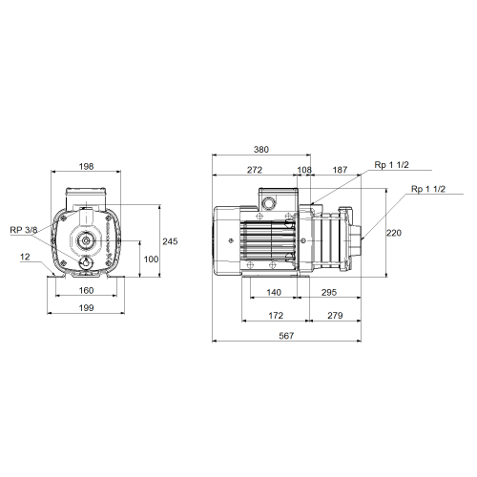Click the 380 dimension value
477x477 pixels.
click(261, 150)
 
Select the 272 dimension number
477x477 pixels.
click(255, 170)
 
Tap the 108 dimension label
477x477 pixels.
click(304, 170)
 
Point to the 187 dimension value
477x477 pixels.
click(340, 170)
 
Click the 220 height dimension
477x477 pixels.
click(394, 233)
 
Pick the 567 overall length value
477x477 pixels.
click(286, 336)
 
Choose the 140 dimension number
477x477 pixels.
click(274, 292)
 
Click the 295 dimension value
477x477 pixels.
click(329, 292)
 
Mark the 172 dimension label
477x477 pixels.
click(276, 316)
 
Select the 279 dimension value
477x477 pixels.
click(335, 316)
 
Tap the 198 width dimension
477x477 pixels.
click(86, 166)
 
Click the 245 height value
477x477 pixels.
click(170, 241)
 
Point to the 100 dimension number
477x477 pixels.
click(151, 259)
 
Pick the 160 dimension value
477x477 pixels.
click(86, 290)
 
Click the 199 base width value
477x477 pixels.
click(86, 308)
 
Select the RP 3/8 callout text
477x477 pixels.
click(24, 230)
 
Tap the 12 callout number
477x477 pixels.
click(25, 257)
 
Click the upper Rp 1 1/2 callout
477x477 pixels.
click(391, 165)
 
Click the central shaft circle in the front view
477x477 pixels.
click(86, 240)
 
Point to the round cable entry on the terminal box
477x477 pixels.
click(269, 203)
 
